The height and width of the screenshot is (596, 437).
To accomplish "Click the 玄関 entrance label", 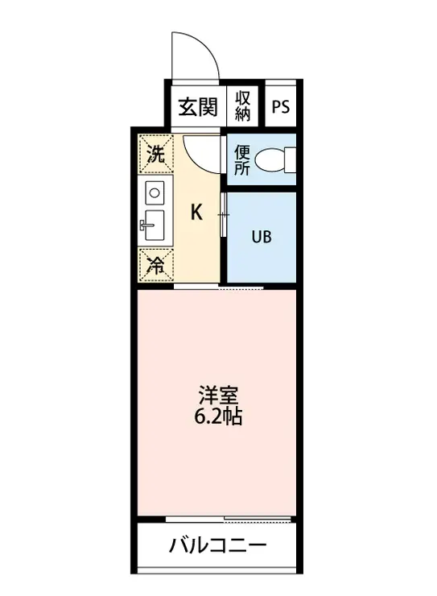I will click(x=196, y=107).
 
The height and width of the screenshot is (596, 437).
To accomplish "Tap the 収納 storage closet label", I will click(x=244, y=106).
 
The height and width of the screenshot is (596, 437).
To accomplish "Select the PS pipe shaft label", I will click(x=281, y=107).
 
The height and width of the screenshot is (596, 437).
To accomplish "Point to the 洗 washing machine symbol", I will click(x=155, y=154).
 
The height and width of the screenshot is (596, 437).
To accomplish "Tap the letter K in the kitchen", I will click(x=196, y=213).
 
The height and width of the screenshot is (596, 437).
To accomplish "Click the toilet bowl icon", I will click(x=278, y=160).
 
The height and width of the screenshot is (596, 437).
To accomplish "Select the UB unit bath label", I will click(x=262, y=237).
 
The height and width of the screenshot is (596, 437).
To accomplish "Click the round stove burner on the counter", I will click(x=155, y=192).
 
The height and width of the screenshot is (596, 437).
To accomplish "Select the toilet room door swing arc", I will click(x=201, y=152).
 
